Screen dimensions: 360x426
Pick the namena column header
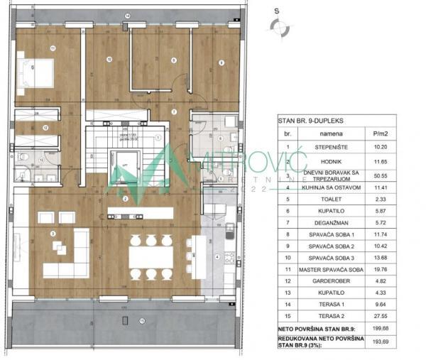(330, 133)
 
